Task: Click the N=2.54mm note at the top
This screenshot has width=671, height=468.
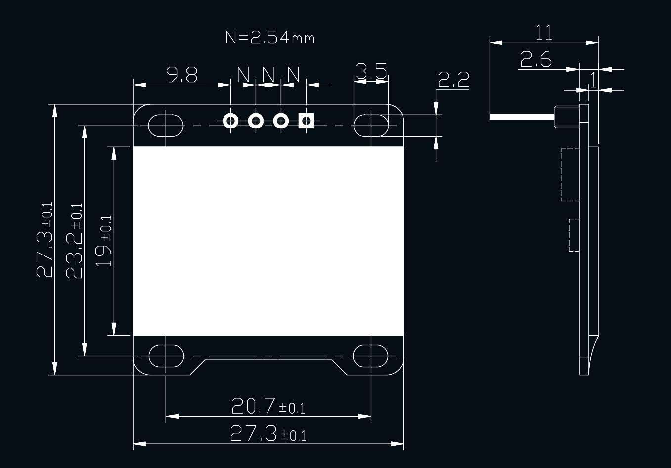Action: pos(270,38)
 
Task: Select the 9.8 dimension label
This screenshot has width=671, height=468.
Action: pos(182,75)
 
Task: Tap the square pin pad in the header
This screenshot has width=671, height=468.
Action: pos(306,121)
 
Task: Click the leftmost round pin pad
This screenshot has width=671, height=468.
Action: pos(230,121)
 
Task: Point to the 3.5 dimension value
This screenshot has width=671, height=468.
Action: pos(371,71)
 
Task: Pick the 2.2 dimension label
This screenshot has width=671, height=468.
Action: pos(453,80)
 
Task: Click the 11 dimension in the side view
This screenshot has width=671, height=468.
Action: pos(543,33)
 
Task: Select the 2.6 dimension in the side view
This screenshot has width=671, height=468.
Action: pos(536,60)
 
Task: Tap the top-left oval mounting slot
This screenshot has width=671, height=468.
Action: pos(166,126)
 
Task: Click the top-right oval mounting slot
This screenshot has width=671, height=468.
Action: pos(371,126)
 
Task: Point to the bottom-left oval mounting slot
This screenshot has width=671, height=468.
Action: pos(166,356)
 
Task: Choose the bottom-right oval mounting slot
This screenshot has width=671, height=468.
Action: pos(371,356)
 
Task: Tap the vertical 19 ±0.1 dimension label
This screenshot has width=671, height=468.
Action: pos(104,241)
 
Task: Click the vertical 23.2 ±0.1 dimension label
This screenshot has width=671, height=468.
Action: pos(75,241)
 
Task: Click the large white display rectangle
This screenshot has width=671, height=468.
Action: pos(268,241)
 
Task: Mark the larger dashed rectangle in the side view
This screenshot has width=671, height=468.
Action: pos(570,174)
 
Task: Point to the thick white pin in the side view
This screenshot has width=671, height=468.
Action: pos(522,117)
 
